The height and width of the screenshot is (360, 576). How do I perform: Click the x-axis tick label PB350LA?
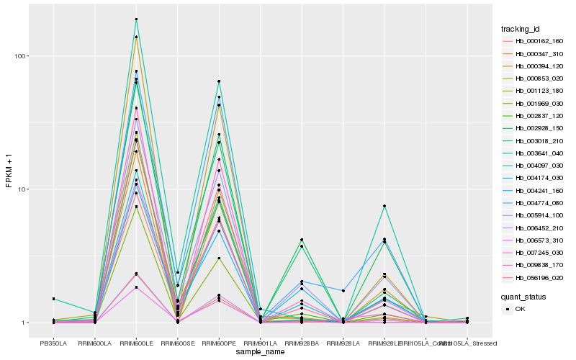click(x=53, y=343)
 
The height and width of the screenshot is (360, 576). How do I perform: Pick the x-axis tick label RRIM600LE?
click(x=136, y=343)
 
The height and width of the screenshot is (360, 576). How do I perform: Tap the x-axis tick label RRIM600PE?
click(x=219, y=343)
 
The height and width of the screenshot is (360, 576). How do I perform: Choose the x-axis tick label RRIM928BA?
click(x=302, y=343)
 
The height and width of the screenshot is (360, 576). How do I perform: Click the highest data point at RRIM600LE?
click(x=136, y=19)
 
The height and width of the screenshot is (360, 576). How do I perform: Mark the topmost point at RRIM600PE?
click(x=219, y=81)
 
